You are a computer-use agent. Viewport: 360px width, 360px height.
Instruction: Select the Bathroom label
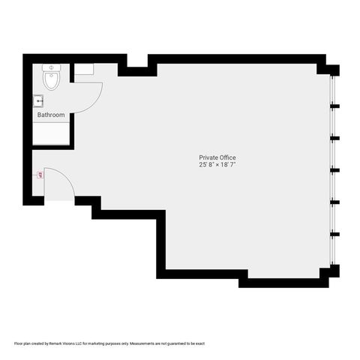tap(51, 115)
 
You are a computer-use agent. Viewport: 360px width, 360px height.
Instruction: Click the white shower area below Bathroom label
tap(51, 133)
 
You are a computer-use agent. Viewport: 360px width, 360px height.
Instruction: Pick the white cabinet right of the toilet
tap(83, 69)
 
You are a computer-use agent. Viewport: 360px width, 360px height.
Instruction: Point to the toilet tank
tap(52, 67)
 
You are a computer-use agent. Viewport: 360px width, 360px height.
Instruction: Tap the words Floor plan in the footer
tap(22, 344)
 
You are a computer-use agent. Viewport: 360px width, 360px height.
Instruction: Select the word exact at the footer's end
tap(199, 344)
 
